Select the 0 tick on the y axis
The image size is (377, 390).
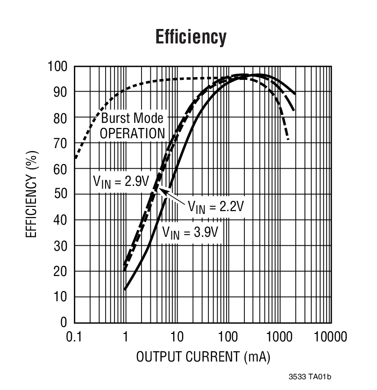(x=64, y=322)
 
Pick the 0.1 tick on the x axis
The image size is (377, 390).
(x=74, y=337)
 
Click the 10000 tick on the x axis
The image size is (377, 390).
(x=330, y=337)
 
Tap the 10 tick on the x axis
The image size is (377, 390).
(x=177, y=337)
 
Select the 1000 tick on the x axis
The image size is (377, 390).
(x=279, y=337)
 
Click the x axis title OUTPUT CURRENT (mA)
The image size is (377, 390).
(x=203, y=357)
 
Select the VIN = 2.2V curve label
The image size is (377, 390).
(x=216, y=206)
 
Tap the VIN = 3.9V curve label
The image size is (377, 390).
(x=190, y=232)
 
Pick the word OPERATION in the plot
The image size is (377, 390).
(x=132, y=133)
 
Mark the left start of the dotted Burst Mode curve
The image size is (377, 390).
(x=75, y=158)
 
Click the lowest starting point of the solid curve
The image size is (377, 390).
(x=125, y=290)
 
